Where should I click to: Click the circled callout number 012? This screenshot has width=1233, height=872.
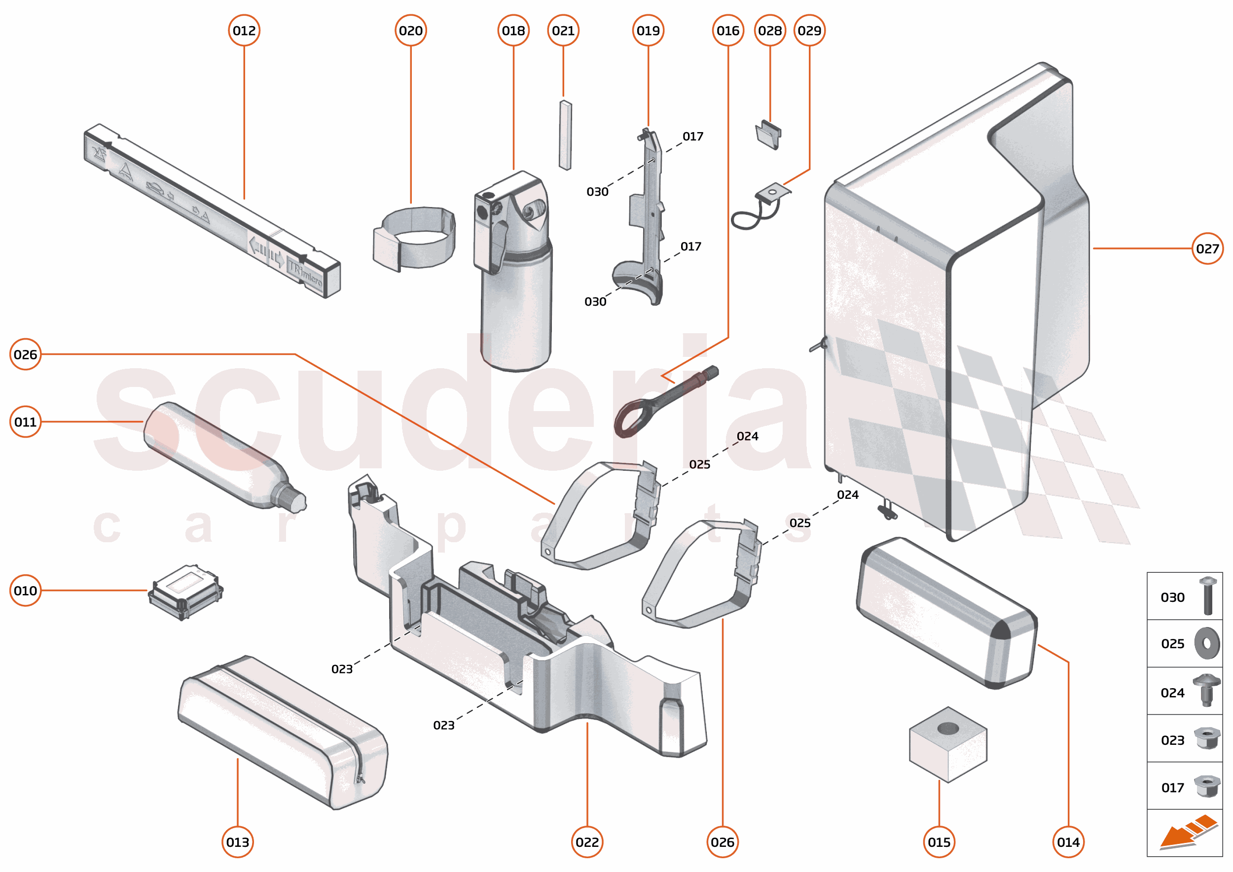[244, 31]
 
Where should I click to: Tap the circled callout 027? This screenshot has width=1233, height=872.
[1207, 248]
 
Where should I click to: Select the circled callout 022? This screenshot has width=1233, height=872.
[587, 842]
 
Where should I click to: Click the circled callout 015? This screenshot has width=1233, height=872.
[939, 842]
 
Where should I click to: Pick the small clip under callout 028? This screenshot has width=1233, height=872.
[768, 134]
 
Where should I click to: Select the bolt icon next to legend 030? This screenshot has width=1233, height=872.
[1207, 595]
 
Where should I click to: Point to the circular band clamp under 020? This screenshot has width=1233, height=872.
[414, 239]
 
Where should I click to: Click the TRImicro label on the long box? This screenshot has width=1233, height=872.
[306, 274]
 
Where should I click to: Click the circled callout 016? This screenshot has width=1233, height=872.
[727, 31]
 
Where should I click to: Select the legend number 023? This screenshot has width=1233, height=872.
[1172, 740]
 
